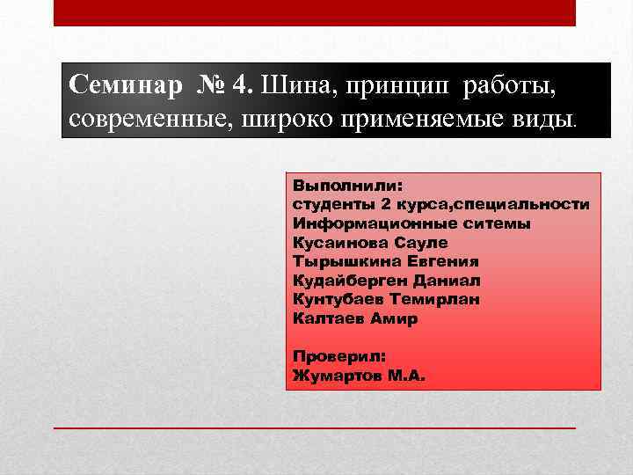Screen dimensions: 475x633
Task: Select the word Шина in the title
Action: tap(296, 87)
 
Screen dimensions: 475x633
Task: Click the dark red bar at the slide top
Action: tap(315, 12)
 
